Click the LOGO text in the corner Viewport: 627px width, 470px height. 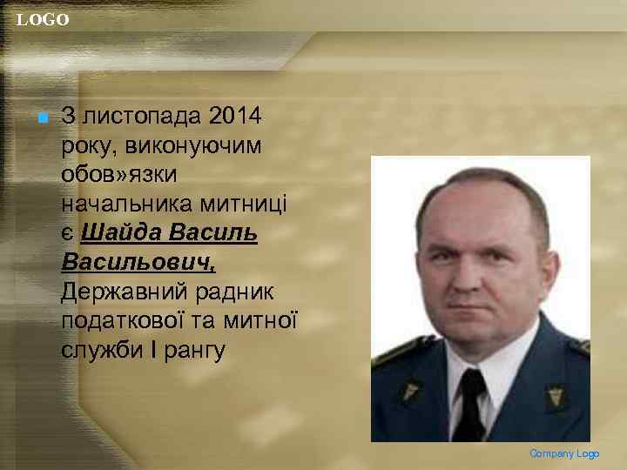43,19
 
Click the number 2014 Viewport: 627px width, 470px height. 239,116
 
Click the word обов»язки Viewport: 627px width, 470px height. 119,175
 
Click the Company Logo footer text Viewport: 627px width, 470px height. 564,453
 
